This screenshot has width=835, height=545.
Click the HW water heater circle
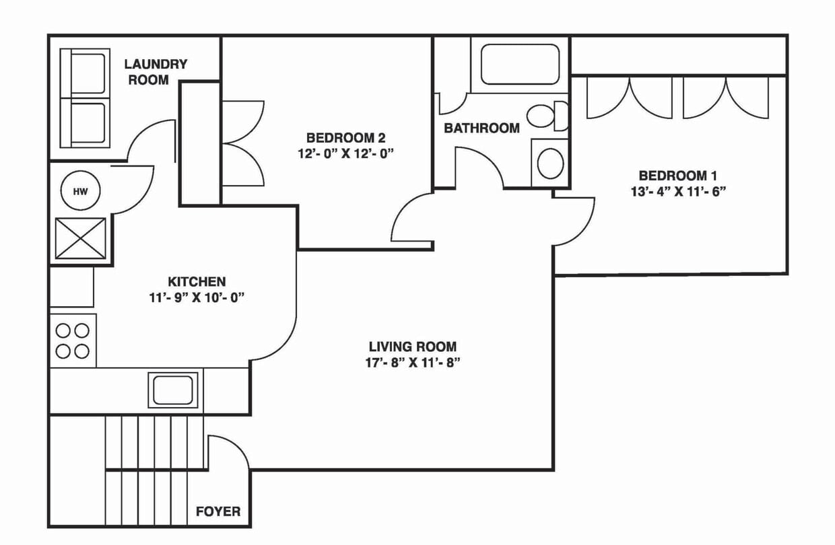pos(80,191)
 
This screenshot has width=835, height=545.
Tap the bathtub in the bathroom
pos(519,65)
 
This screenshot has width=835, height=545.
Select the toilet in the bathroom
pos(546,116)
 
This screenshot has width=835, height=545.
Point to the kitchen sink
pos(173,390)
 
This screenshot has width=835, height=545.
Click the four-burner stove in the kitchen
pos(73,340)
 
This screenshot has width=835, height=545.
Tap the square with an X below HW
pos(80,238)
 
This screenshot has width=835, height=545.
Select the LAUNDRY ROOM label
pos(156,72)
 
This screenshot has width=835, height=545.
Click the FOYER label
pos(218,511)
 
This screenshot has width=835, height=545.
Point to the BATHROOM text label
pos(481,128)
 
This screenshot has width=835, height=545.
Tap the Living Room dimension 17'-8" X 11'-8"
pos(413,363)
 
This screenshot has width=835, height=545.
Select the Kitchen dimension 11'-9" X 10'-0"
pos(196,298)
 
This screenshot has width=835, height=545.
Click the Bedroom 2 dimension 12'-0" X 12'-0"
pos(345,153)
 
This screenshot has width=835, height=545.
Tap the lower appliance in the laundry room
pos(85,122)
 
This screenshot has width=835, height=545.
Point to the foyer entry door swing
pos(228,454)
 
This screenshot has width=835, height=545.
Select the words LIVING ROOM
pos(413,347)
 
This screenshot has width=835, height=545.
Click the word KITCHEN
pos(196,282)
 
